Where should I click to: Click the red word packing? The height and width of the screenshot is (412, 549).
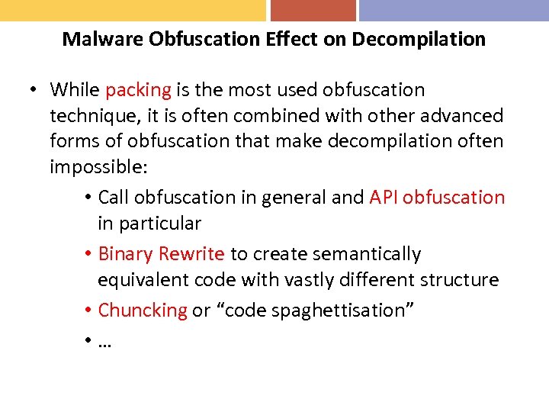coord(138,90)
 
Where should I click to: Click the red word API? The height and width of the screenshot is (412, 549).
coord(384,197)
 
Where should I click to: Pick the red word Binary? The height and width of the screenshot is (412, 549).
coord(126,253)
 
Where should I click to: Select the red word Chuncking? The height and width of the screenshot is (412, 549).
coord(143,310)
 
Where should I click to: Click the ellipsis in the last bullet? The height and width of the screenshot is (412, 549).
coord(104,341)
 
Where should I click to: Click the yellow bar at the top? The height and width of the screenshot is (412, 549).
coord(133,10)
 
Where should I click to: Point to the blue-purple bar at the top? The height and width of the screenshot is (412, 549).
coord(454,10)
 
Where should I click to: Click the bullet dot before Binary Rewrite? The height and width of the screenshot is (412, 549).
coord(89,254)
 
